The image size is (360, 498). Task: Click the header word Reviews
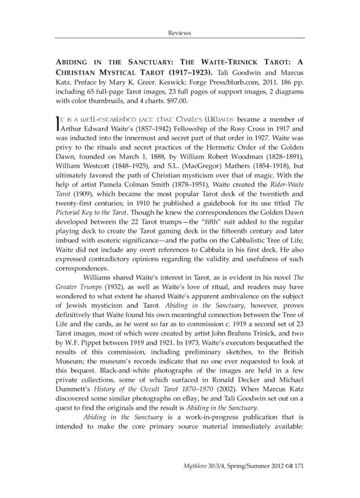[179, 33]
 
